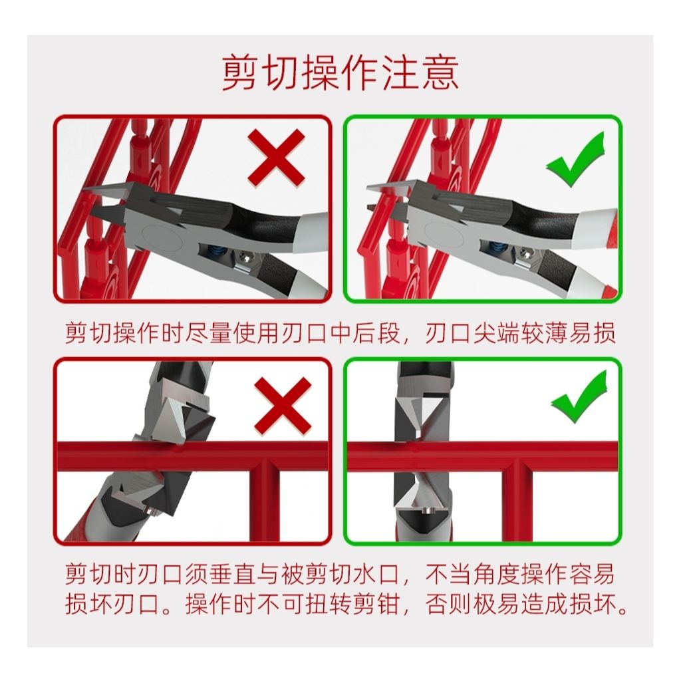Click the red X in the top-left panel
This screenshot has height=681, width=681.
tap(276, 158)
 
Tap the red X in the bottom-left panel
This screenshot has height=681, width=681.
tap(283, 405)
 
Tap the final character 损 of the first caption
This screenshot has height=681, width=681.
tap(604, 333)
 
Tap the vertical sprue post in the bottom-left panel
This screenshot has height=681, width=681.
tap(264, 501)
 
